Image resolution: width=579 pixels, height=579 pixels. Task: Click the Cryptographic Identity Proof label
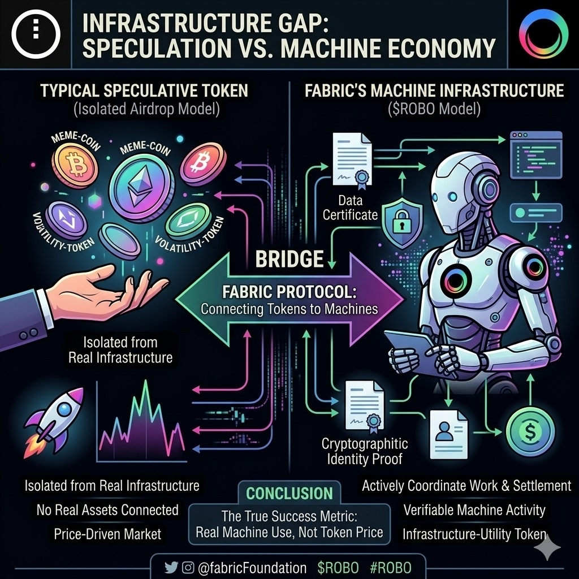364,451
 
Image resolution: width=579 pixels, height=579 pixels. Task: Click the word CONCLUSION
289,493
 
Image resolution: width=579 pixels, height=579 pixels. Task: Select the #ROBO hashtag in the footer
391,567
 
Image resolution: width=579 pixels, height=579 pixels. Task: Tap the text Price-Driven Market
107,534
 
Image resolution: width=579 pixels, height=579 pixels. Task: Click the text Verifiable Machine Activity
474,510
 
